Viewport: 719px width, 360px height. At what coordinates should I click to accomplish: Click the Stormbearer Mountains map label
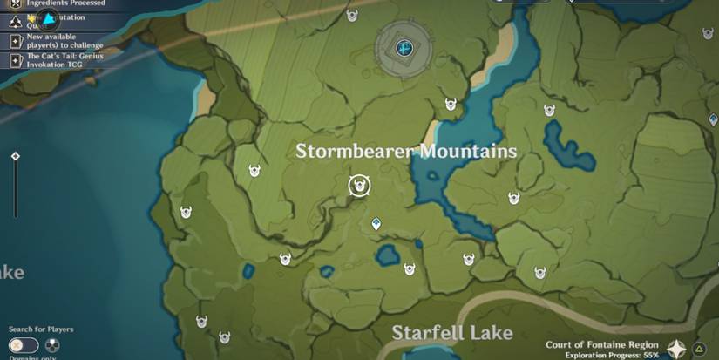(405, 152)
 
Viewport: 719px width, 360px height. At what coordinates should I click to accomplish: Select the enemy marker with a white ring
(359, 186)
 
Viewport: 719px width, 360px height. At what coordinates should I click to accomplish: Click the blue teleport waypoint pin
(376, 224)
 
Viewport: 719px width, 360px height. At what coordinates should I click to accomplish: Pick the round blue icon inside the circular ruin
(404, 47)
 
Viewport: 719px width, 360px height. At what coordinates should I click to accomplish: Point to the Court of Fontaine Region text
(601, 344)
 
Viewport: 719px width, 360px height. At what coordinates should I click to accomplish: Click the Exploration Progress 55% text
(612, 356)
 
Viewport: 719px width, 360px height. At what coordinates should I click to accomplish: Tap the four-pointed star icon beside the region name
(676, 350)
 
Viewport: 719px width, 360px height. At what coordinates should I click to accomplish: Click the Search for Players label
(41, 329)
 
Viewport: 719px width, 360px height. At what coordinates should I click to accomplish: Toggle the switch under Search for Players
(24, 345)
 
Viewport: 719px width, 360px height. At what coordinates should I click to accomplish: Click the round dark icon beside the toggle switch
(51, 345)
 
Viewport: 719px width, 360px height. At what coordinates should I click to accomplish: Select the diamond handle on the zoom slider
(15, 156)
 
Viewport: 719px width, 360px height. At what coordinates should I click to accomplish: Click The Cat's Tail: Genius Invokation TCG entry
(66, 60)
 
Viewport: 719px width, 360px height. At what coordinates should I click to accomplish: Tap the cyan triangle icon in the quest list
(49, 17)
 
